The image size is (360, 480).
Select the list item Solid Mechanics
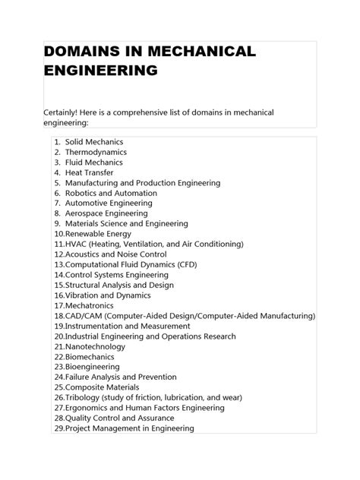coord(94,142)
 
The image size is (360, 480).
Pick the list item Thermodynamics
coord(96,153)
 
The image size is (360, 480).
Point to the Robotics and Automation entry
coord(111,193)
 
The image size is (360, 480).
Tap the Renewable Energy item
coord(98,234)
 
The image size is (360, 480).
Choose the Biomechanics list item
coord(90,356)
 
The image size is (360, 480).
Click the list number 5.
coord(57,183)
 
